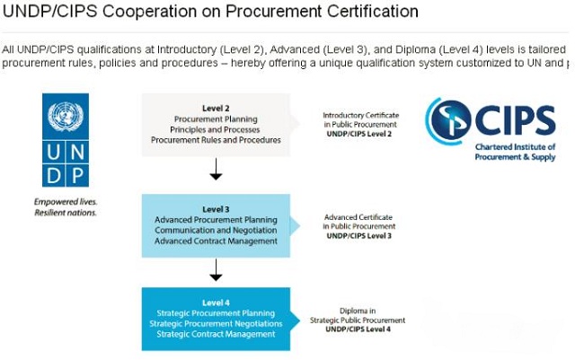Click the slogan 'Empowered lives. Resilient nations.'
pos(66,207)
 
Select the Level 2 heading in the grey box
pos(216,107)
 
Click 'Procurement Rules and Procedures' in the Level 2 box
pos(216,140)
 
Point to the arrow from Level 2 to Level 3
pos(216,168)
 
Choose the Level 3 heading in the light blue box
pos(216,209)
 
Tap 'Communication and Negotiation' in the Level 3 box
pos(216,230)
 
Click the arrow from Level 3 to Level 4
pos(216,268)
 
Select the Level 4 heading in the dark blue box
pos(216,303)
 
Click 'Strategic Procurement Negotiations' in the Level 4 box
pos(216,323)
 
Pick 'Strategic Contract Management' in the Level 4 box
pos(216,334)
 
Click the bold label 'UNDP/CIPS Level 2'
pos(358,134)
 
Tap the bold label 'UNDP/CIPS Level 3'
pos(358,235)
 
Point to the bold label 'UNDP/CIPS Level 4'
pos(358,329)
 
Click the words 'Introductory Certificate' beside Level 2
pos(361,116)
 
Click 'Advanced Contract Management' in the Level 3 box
pos(216,241)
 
